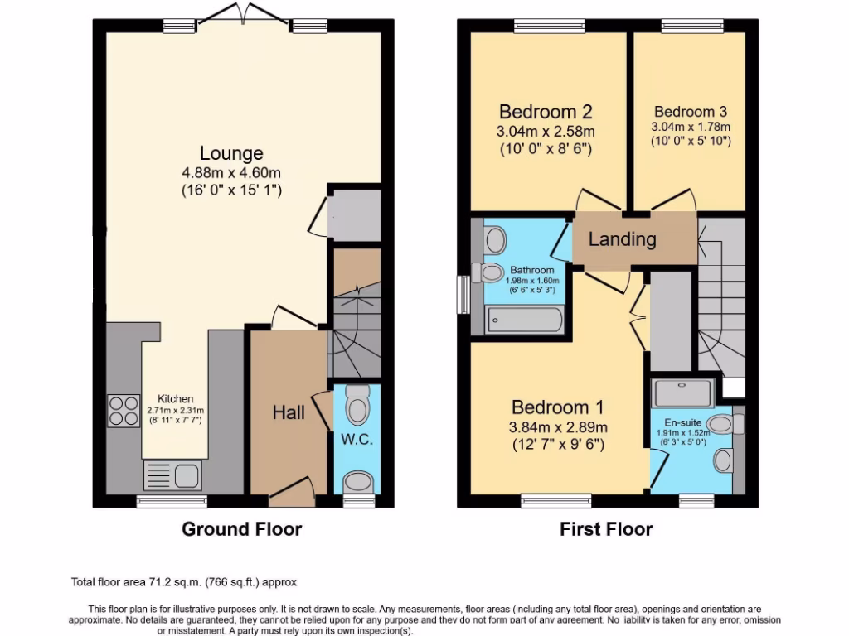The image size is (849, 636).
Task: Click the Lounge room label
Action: pos(231,153)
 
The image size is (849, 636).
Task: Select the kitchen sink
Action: pos(172,476)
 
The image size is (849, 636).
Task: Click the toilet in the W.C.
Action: pos(358,404)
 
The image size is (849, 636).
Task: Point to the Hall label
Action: pos(289,412)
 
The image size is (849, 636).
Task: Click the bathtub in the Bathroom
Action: pos(526,319)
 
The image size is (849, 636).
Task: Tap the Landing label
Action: pos(622,239)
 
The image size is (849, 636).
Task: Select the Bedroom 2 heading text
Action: pos(546,112)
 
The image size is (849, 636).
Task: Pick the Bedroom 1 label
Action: pos(557,407)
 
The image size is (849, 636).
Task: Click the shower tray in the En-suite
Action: pos(682,393)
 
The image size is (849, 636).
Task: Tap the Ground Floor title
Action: pos(241,529)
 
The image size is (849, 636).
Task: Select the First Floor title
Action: pos(606,529)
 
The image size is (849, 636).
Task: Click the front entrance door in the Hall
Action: pos(292,496)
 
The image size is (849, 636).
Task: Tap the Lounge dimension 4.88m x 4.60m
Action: pos(231,172)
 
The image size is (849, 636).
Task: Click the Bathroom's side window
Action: pos(463,294)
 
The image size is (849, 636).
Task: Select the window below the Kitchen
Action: pos(172,500)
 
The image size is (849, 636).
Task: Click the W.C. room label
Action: pos(357,439)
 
